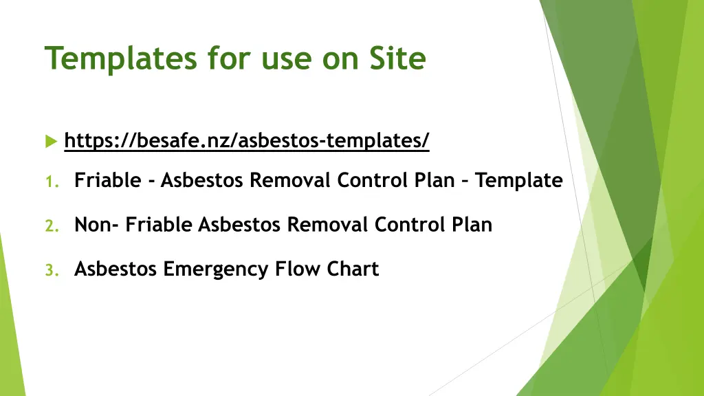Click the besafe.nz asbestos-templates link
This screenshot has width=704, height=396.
point(246,141)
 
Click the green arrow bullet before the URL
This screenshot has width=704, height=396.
point(51,141)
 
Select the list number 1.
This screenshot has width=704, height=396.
point(50,181)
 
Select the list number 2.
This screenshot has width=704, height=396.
point(51,225)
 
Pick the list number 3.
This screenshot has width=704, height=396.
point(51,269)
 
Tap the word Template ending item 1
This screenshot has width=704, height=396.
point(519,181)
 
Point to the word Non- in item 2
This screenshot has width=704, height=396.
point(97,225)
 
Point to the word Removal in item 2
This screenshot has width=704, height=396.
point(327,225)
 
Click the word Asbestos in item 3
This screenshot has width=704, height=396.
point(115,269)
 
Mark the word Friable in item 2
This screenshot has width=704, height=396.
point(160,225)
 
